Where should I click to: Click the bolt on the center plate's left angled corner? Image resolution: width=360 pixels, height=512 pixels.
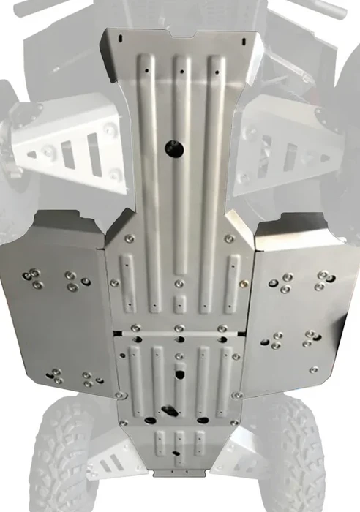tap(129, 238)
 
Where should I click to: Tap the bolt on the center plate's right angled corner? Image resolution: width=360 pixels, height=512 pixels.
tap(230, 238)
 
